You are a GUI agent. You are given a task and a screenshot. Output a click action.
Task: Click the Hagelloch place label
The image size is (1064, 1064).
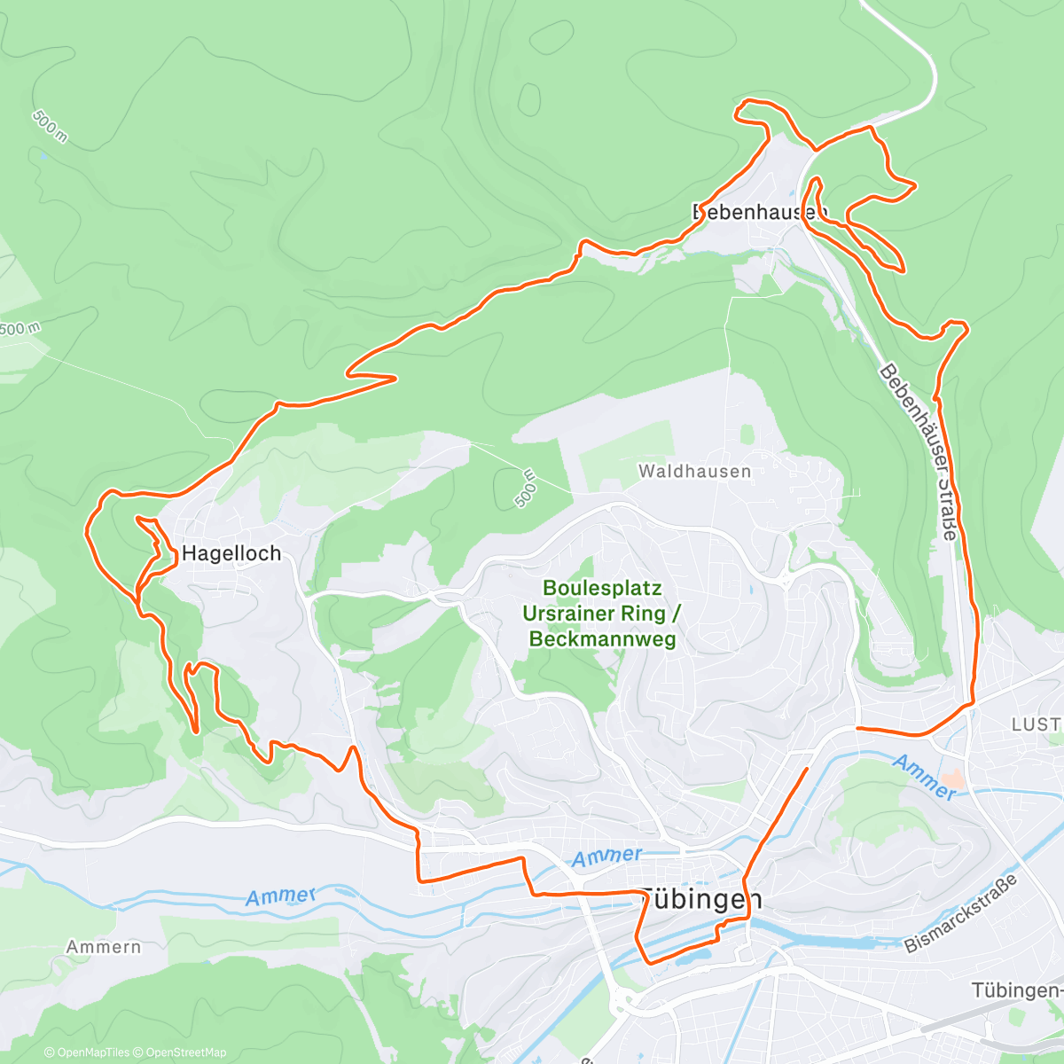231,553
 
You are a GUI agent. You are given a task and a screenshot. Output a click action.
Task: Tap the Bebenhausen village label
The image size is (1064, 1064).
759,213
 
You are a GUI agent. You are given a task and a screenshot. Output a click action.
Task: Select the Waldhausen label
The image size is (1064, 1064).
694,472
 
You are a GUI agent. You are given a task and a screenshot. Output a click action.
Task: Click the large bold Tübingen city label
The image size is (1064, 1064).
700,899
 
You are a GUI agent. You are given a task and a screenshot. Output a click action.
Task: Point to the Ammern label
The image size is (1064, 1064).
104,947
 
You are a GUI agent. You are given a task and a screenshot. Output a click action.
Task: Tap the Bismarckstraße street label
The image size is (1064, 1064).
962,912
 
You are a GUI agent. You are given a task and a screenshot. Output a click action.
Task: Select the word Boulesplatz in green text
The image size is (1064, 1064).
602,589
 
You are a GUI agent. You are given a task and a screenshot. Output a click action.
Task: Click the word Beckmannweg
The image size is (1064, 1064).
602,638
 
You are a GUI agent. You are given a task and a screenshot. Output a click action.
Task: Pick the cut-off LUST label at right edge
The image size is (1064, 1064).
1037,724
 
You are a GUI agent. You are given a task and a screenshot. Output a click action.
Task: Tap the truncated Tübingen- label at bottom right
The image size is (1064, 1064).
1016,990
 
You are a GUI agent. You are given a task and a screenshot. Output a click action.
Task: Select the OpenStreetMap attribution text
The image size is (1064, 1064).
185,1052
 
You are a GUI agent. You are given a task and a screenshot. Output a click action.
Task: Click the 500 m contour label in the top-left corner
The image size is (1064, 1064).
50,127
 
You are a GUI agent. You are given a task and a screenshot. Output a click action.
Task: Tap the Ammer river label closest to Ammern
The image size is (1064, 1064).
280,896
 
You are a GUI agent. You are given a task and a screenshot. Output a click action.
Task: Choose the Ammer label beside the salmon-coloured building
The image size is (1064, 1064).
924,777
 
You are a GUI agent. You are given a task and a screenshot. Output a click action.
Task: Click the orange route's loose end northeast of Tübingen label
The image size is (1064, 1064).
807,770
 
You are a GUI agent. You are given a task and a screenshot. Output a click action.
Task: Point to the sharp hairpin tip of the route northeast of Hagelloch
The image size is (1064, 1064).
394,379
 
